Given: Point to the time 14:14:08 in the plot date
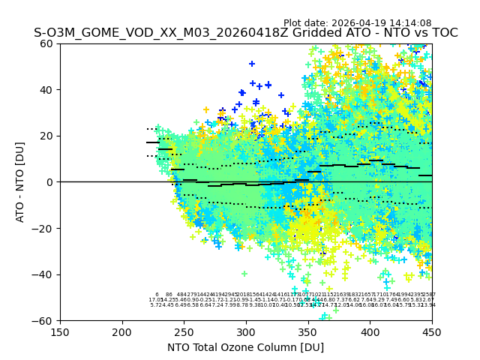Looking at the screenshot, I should [x=411, y=23].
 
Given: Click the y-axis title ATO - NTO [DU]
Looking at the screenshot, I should [x=20, y=182].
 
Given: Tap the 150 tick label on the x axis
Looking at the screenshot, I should [x=60, y=331].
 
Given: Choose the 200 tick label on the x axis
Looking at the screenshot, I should [x=122, y=331].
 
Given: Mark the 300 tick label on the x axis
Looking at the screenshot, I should [x=246, y=331].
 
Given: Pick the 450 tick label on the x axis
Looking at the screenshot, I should [x=431, y=331].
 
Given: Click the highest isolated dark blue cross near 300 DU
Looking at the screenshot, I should [x=252, y=64].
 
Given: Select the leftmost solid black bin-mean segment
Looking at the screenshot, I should [x=153, y=142].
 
